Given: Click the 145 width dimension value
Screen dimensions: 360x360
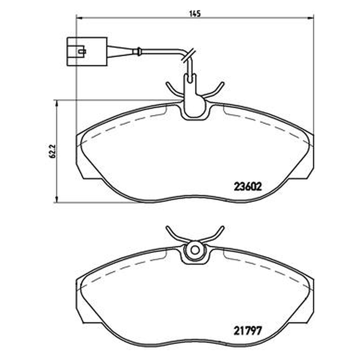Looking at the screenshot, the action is pos(195,13).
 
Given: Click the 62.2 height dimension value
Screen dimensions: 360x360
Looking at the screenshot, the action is pos(52,151).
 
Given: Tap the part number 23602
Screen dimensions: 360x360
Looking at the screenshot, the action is pos(248,187).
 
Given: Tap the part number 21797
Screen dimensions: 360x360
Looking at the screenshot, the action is pos(248,331).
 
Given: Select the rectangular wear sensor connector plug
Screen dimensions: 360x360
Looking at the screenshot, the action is pos(87,52).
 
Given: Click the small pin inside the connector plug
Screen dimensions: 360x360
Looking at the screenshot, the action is pos(82,51).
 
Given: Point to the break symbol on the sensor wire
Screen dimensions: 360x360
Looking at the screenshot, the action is pos(189,54).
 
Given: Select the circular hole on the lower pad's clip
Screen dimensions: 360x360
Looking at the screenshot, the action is pos(195,250).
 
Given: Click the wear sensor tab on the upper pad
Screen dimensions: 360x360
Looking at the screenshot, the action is pos(193,101).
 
